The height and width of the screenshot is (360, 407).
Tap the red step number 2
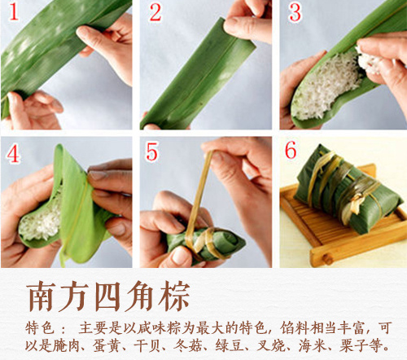point(155,14)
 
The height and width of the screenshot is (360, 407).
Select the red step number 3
point(295,14)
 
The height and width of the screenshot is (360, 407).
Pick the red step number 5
point(155,153)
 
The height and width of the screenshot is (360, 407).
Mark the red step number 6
point(295,153)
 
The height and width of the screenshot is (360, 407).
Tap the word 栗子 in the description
point(350,345)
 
